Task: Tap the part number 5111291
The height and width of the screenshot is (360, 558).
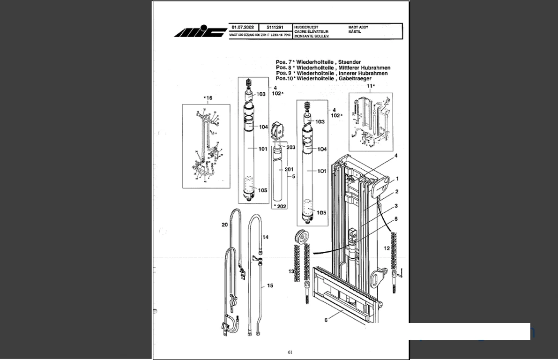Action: (x=275, y=28)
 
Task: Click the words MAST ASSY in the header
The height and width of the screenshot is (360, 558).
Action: (x=358, y=28)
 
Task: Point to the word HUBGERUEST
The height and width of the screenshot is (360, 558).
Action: (x=306, y=28)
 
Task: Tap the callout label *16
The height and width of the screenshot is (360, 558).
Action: (x=208, y=98)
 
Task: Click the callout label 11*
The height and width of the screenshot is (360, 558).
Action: (x=370, y=86)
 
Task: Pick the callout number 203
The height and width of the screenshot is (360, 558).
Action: (x=290, y=147)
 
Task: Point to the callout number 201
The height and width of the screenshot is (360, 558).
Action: (x=289, y=169)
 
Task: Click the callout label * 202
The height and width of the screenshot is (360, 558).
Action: (x=280, y=206)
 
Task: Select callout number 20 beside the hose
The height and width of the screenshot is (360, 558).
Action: (x=224, y=225)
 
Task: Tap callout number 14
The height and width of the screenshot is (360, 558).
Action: (x=265, y=237)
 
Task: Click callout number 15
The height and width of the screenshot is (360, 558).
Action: (x=270, y=285)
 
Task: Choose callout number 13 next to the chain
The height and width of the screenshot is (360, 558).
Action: (x=291, y=271)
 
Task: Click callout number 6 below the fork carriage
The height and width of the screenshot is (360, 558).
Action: (x=326, y=320)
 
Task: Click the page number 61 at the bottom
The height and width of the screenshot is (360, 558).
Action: (x=290, y=352)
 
